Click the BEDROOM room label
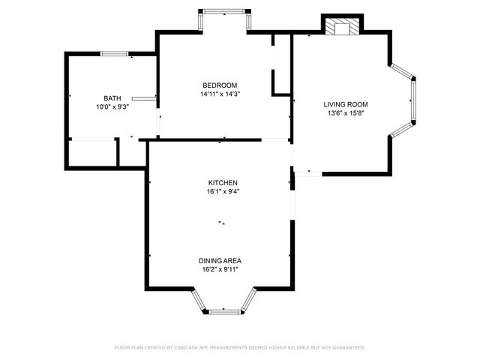219,85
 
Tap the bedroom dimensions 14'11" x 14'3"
219,94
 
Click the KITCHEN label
223,183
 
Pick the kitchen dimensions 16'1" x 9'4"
223,192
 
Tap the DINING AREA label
220,261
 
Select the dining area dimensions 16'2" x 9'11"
220,270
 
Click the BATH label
112,98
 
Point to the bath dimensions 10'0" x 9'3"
112,107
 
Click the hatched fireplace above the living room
342,27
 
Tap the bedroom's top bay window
224,11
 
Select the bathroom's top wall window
115,53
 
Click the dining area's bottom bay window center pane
224,310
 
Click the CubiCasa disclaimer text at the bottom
239,348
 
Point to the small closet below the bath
131,152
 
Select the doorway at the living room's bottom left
307,173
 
